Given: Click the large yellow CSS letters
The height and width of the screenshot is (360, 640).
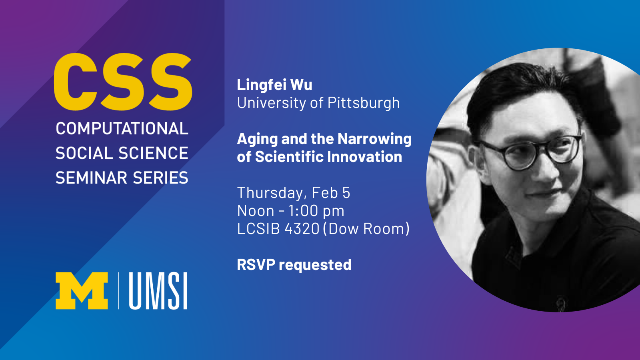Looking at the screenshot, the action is [123, 82].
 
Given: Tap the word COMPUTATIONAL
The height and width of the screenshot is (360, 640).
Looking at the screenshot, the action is [122, 128].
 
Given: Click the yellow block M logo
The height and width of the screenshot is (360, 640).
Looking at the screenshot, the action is [82, 291].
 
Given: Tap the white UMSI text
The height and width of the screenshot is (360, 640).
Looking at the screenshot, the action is [158, 291].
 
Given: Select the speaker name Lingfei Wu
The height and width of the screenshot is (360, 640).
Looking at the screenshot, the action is [274, 84].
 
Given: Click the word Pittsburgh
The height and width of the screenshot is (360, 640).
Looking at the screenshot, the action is [364, 103].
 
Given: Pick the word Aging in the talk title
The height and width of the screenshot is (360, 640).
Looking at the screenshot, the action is [258, 140].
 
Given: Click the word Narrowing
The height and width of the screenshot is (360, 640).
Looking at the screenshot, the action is [374, 140].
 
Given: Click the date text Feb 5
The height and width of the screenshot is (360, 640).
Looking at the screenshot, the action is [331, 192].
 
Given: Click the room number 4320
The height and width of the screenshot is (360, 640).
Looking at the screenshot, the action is [302, 228].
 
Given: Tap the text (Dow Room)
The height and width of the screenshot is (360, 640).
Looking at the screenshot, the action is [366, 229].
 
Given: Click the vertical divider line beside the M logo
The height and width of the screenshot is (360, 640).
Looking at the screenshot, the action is [118, 291].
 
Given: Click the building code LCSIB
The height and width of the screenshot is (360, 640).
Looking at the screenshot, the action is [258, 228].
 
